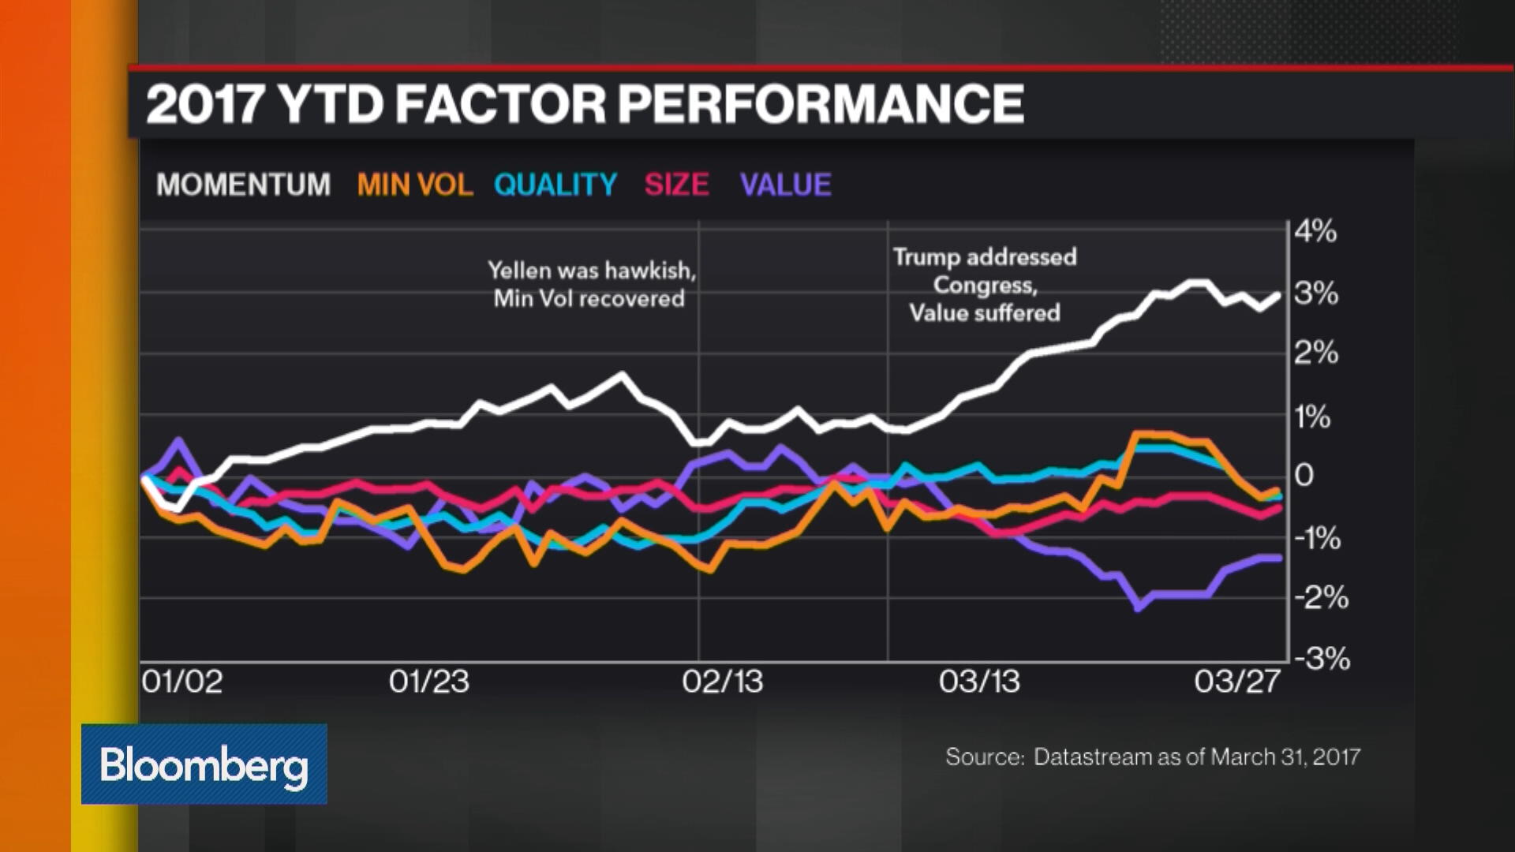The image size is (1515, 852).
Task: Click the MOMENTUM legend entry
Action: [x=243, y=185]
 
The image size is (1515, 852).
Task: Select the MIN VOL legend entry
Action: [x=414, y=185]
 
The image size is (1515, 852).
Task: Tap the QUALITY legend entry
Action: [x=555, y=185]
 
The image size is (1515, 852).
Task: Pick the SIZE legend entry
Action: [x=676, y=185]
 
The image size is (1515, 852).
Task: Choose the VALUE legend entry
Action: [x=785, y=185]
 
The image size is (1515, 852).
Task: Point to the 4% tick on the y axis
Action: [x=1315, y=232]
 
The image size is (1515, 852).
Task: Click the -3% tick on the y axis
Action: [x=1322, y=658]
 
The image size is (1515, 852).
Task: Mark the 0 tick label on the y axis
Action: [x=1304, y=475]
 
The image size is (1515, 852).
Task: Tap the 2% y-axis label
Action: [x=1315, y=353]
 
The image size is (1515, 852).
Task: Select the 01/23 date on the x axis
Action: [x=428, y=682]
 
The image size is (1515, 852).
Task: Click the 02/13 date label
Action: [x=722, y=682]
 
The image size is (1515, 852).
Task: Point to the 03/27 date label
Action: [x=1236, y=682]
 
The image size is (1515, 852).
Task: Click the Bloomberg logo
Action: [x=204, y=764]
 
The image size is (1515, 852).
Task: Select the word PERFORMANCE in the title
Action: [x=821, y=104]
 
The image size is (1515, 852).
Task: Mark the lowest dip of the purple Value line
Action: [x=1137, y=608]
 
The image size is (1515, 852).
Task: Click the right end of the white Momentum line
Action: [x=1278, y=296]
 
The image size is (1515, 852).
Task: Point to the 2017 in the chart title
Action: [x=204, y=104]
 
